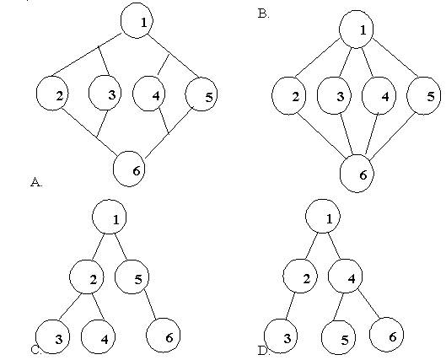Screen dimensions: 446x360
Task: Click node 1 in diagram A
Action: (137, 20)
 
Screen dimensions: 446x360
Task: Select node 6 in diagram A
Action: (129, 169)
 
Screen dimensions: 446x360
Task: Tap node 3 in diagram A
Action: (105, 93)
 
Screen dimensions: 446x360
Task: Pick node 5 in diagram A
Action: (202, 94)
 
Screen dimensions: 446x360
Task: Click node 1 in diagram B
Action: (356, 30)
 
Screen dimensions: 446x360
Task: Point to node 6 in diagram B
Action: (357, 174)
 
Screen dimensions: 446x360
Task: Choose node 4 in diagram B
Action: (379, 96)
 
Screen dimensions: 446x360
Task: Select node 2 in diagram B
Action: (289, 96)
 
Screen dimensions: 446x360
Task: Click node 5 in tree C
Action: (132, 277)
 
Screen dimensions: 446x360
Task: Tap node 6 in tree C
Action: (164, 336)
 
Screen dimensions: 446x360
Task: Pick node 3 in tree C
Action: (52, 336)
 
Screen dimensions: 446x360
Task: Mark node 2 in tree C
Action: (87, 277)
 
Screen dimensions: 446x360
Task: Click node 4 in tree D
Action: (346, 276)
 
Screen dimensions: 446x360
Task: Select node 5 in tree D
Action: (338, 337)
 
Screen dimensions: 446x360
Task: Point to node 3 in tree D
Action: (281, 336)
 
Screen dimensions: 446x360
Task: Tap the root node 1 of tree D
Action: (323, 216)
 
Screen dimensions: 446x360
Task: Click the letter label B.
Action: (263, 13)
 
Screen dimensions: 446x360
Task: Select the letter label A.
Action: (36, 182)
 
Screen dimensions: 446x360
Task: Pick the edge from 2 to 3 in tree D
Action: (290, 307)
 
